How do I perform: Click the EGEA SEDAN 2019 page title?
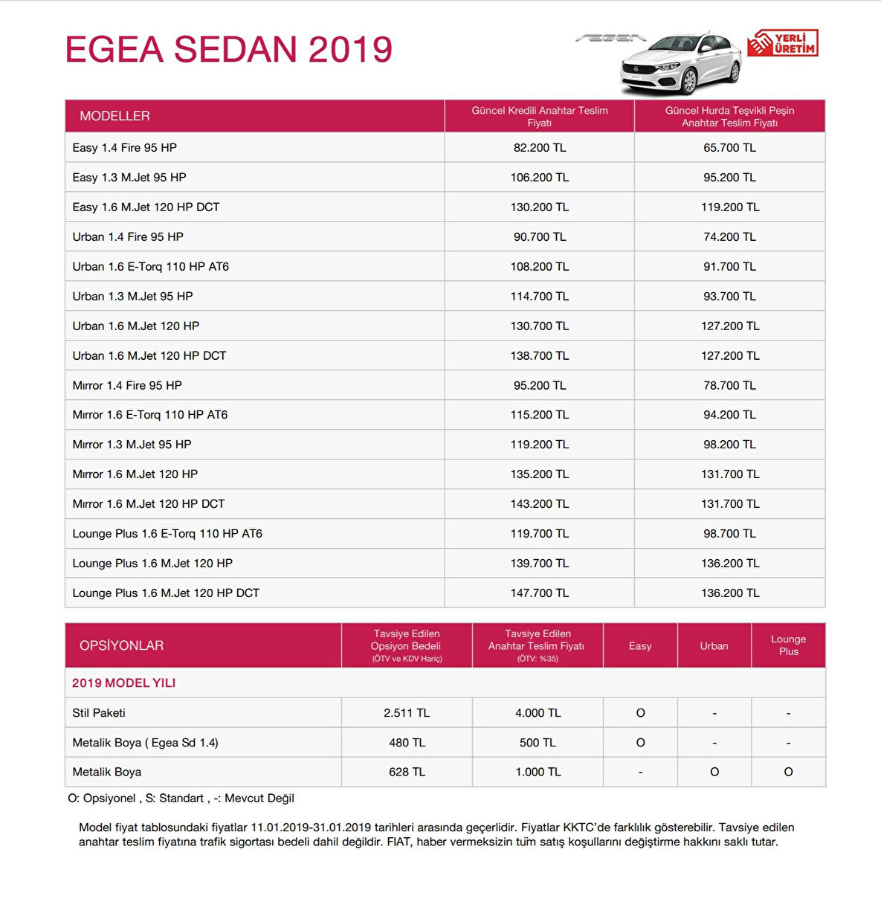(x=228, y=50)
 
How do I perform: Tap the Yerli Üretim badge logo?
(x=783, y=43)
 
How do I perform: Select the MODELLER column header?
(x=114, y=116)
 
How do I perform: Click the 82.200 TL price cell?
(x=539, y=148)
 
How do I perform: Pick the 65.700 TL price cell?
(x=729, y=148)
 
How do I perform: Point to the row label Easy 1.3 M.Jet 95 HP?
(x=129, y=178)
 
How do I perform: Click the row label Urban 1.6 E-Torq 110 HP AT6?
(x=150, y=267)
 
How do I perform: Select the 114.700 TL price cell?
(x=539, y=297)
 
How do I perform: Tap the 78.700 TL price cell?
(x=729, y=385)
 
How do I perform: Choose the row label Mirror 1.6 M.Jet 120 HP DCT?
(x=148, y=504)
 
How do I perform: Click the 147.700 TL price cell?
(x=539, y=593)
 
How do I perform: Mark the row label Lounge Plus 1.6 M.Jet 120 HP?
(x=152, y=564)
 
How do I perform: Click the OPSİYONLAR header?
(x=121, y=645)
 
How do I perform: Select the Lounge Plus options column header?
(x=788, y=645)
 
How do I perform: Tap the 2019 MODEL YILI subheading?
(x=123, y=683)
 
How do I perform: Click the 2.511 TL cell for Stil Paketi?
(x=407, y=713)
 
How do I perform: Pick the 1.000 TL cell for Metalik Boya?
(x=538, y=773)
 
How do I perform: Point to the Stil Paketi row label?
(x=99, y=713)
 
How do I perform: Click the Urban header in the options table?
(x=714, y=646)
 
